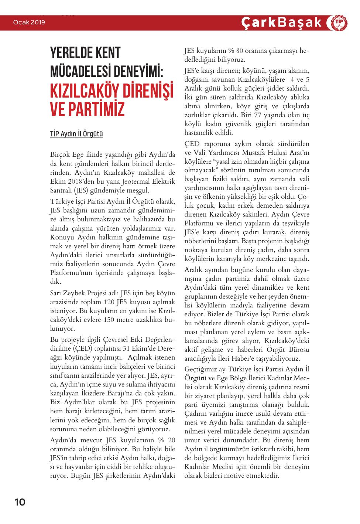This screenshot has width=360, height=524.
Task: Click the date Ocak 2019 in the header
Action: coord(29,23)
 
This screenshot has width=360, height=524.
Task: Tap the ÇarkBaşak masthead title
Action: coord(281,23)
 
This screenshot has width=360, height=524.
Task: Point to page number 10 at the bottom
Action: coord(20,502)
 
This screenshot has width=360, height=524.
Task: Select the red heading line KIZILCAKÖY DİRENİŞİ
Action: coord(112,89)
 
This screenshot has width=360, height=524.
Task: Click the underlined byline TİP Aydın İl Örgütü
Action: coord(76,134)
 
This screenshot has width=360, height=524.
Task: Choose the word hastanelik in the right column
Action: coord(200,133)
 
